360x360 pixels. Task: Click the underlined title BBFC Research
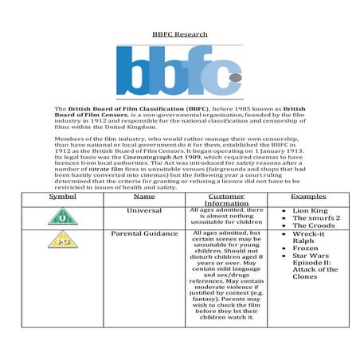tap(179, 34)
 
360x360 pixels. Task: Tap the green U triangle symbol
tap(62, 217)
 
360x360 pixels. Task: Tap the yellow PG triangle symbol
tap(62, 240)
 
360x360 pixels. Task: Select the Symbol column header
tap(62, 195)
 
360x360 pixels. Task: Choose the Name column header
tap(144, 195)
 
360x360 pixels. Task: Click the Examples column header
tap(308, 195)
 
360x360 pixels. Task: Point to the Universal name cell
tap(144, 210)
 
